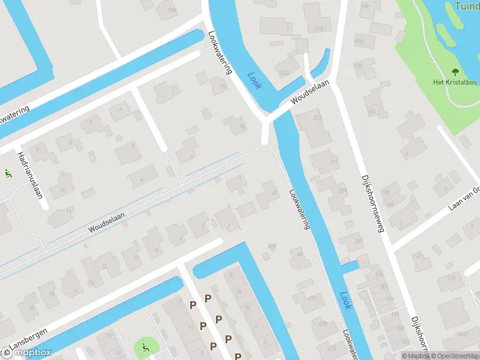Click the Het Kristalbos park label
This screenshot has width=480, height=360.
[x=455, y=82]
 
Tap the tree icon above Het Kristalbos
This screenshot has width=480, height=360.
[x=454, y=72]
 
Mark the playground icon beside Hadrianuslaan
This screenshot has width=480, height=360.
[x=8, y=174]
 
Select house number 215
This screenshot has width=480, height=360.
[x=318, y=28]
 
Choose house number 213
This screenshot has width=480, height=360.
[x=317, y=117]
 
